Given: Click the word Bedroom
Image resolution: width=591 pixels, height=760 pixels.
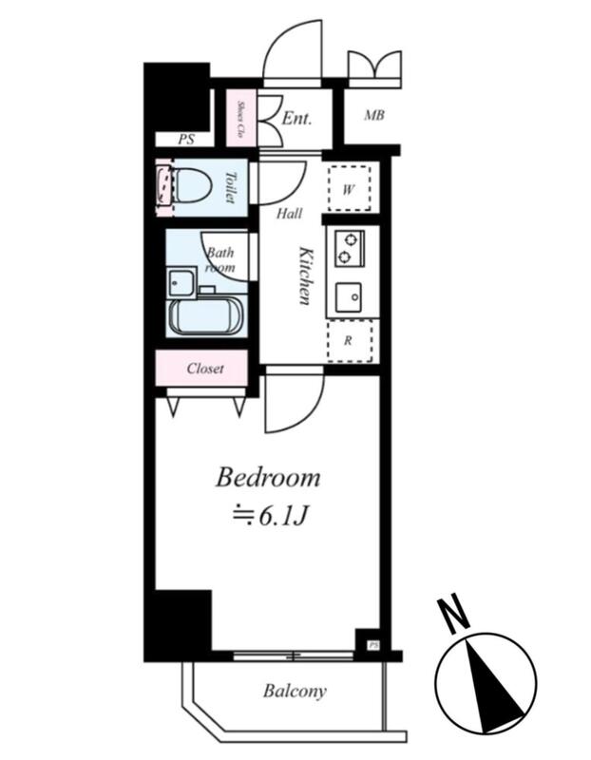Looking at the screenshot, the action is click(268, 478).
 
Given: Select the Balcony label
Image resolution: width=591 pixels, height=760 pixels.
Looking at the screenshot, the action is click(295, 691).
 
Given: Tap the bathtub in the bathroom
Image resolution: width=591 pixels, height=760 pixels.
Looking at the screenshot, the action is click(205, 314).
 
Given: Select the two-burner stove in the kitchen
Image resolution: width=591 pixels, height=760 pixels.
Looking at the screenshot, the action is click(349, 248).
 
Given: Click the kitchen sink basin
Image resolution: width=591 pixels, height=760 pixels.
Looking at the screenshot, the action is click(349, 296).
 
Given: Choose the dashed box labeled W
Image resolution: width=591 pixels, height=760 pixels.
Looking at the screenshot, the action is click(349, 188).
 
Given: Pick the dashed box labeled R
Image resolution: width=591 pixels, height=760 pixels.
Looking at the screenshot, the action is click(350, 341).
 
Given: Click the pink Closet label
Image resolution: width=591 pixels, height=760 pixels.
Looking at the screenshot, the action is click(205, 369).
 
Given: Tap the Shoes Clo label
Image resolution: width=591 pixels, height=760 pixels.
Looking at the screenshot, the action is click(240, 118).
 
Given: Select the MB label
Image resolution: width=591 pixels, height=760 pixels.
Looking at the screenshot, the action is click(374, 116).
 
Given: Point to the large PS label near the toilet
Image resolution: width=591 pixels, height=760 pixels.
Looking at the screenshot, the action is click(185, 140).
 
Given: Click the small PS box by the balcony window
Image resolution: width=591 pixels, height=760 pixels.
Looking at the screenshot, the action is click(372, 645).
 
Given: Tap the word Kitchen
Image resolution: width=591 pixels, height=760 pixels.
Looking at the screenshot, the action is click(305, 275).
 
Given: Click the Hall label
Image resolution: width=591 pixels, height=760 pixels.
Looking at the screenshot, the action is click(290, 213).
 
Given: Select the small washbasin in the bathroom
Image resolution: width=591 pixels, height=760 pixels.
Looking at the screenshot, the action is click(181, 282).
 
